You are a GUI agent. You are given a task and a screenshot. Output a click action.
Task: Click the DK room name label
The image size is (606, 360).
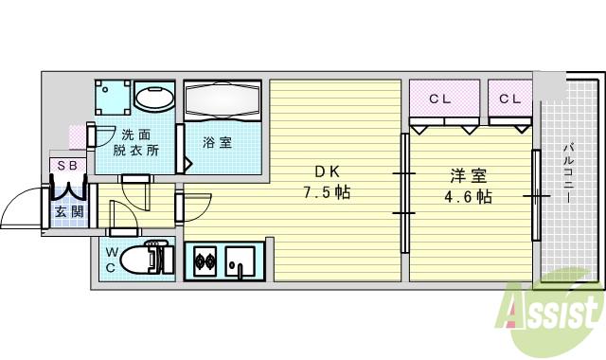(x=328, y=172)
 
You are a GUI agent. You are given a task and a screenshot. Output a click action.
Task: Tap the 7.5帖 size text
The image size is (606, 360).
(x=328, y=193)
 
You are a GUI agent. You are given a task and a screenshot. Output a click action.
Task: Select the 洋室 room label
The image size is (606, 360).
(x=468, y=176)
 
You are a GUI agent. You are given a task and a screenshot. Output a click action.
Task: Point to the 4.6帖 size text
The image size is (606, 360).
(x=468, y=197)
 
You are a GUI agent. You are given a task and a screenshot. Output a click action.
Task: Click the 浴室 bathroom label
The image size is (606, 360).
(x=217, y=143)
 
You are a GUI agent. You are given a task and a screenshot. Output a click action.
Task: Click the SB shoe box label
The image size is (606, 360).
(x=68, y=166)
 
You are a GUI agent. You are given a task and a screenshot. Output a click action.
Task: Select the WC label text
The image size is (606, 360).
(x=111, y=260)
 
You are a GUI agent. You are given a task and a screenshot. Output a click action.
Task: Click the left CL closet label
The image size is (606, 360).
(x=439, y=99)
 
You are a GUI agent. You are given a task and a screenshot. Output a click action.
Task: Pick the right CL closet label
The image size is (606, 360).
(x=509, y=99)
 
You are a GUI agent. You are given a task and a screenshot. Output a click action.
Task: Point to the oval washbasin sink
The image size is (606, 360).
(x=153, y=98)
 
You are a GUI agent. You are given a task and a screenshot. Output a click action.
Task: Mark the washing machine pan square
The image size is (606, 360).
(x=113, y=98)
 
